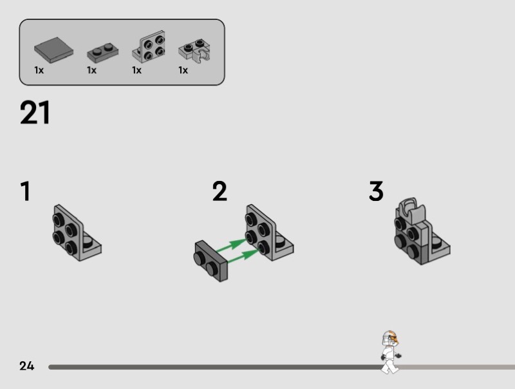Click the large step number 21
(35, 112)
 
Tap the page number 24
(26, 366)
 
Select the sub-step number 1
(26, 191)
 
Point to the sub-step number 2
(220, 191)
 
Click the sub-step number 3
(376, 191)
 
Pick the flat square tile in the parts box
(53, 50)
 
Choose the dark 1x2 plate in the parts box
(103, 53)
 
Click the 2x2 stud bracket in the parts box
(149, 47)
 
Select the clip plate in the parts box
(194, 51)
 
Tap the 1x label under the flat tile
(39, 70)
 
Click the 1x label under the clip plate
(183, 70)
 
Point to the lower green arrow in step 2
(243, 256)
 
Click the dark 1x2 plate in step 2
(211, 261)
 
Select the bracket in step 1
(77, 233)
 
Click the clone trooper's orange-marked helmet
(390, 338)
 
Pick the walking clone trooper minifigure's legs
(390, 366)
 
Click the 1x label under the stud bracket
(136, 70)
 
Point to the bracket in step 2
(270, 233)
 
